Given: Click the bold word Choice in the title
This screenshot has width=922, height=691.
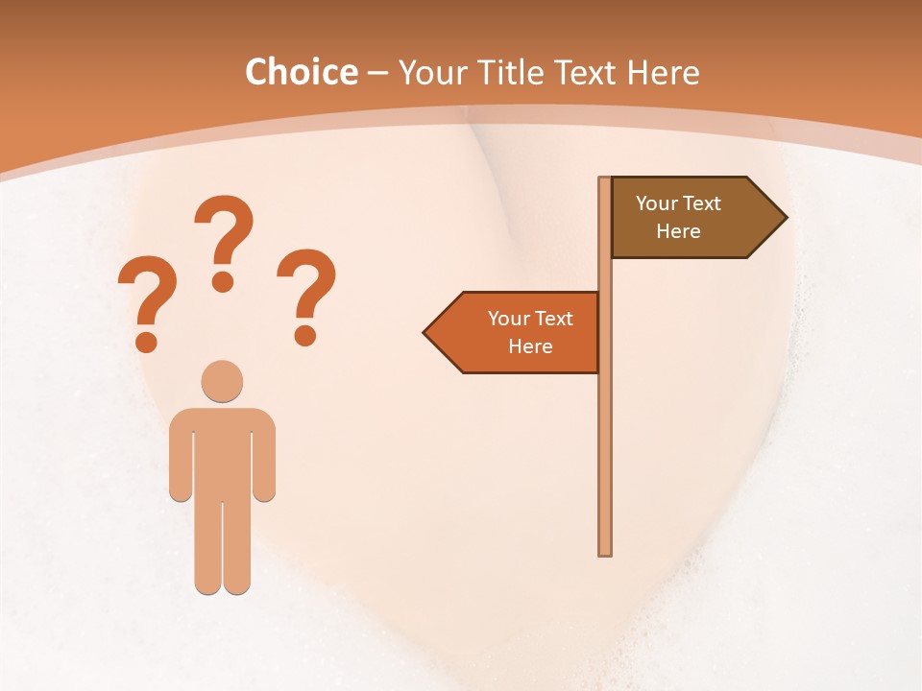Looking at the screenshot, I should (301, 72).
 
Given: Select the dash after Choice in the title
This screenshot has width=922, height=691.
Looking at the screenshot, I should (378, 73).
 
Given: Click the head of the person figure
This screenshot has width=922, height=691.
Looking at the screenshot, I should (222, 381).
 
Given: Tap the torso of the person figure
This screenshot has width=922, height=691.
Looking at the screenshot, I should (222, 451).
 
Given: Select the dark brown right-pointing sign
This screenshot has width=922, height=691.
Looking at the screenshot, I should (687, 218).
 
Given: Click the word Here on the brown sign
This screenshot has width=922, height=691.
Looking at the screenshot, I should (678, 231).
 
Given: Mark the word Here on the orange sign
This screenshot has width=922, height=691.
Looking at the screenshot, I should (530, 346).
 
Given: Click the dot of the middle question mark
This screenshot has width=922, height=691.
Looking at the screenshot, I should (223, 282).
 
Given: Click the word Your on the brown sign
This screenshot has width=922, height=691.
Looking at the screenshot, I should (657, 203).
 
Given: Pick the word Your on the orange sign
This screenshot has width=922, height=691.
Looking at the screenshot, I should (509, 319).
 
